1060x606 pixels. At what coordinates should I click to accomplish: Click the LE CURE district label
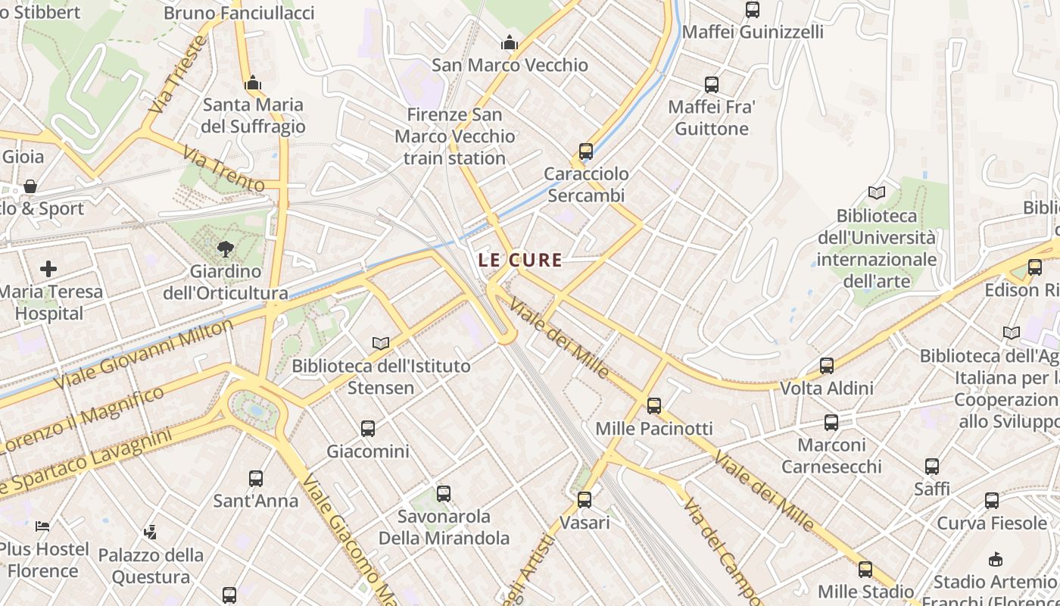pos(520,260)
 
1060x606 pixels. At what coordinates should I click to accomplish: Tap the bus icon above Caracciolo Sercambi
pos(586,151)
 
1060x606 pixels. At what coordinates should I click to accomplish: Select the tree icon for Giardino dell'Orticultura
pos(225,248)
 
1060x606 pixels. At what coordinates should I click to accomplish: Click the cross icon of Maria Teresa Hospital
pos(48,268)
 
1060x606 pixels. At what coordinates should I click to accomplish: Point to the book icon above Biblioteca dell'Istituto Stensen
pos(381,343)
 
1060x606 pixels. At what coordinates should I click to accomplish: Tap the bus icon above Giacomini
pos(368,429)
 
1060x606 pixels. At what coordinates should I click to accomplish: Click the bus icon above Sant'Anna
pos(256,478)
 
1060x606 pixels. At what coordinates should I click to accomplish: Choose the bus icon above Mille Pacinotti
pos(654,405)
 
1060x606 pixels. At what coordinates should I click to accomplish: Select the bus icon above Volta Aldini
pos(827,366)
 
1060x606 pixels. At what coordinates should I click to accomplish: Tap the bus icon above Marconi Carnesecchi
pos(831,422)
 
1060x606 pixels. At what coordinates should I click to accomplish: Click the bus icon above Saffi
pos(932,466)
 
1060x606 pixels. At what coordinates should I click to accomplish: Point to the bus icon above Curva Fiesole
pos(992,500)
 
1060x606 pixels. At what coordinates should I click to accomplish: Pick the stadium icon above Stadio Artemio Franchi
pos(996,559)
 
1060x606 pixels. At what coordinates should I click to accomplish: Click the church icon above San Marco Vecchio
pos(510,42)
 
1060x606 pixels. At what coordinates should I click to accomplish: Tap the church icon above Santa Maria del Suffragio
pos(253,82)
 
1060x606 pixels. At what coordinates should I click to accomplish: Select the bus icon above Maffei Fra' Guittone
pos(712,84)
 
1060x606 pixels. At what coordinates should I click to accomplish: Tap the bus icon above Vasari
pos(585,499)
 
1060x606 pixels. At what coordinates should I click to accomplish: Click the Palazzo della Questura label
pos(151,566)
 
